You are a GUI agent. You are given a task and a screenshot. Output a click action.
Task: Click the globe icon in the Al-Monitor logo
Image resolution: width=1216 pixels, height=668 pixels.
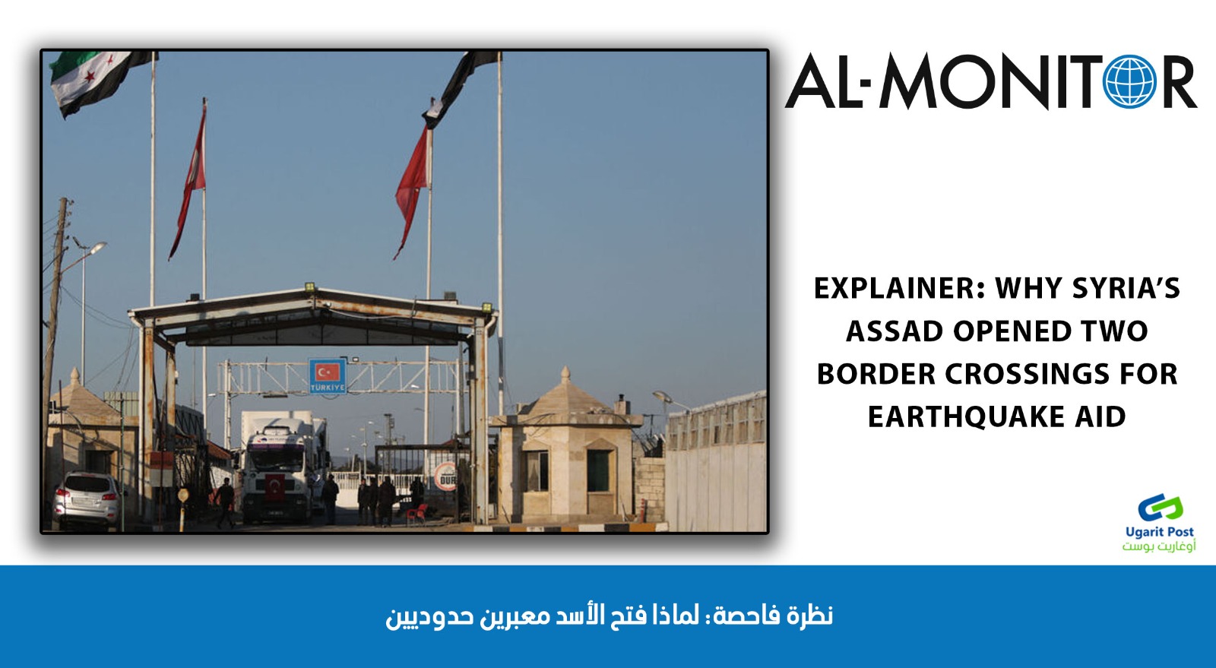pos(1130,81)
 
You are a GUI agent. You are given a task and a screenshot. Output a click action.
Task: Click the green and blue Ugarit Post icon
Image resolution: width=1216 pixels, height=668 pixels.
pos(1160,508)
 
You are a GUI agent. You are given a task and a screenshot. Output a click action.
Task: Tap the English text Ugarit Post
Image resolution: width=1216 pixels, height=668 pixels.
pos(1160,532)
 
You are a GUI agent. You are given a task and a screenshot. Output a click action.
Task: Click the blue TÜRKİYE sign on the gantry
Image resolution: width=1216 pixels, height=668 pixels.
pos(328,375)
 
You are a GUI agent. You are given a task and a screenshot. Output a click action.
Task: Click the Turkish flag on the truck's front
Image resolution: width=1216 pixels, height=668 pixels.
pos(274,487)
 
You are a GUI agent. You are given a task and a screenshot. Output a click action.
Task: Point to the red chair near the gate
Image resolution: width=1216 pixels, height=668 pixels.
pos(416,513)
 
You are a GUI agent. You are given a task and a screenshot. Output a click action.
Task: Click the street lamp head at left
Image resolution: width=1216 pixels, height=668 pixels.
pos(97,249)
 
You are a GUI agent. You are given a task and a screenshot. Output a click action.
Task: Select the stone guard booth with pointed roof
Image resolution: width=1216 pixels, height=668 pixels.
pos(567,447)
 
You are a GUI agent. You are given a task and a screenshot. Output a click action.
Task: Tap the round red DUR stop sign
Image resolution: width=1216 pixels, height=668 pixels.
pos(445,476)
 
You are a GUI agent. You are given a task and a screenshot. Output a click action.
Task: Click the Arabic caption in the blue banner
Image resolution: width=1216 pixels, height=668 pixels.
pos(609,616)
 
